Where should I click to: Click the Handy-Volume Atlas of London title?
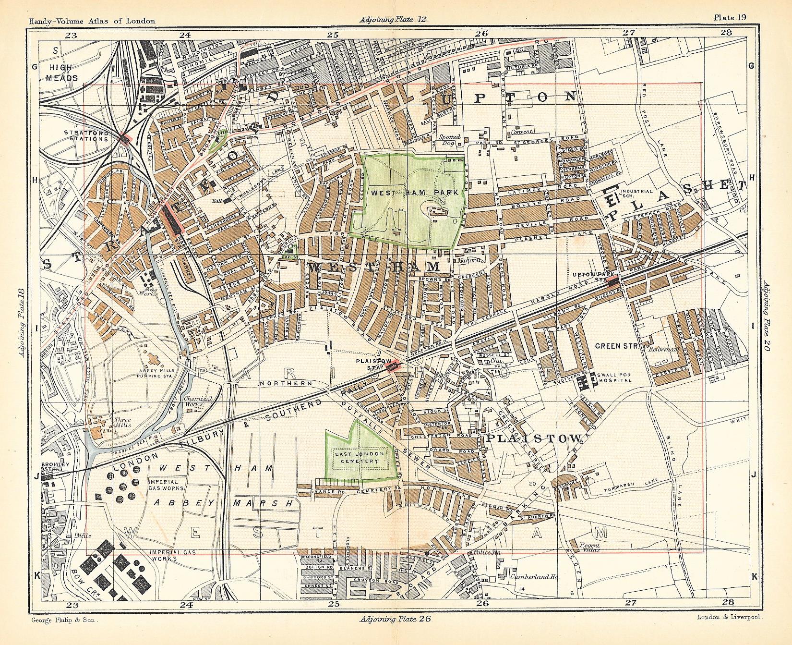[x=92, y=21]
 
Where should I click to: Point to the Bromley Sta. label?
[x=56, y=467]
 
